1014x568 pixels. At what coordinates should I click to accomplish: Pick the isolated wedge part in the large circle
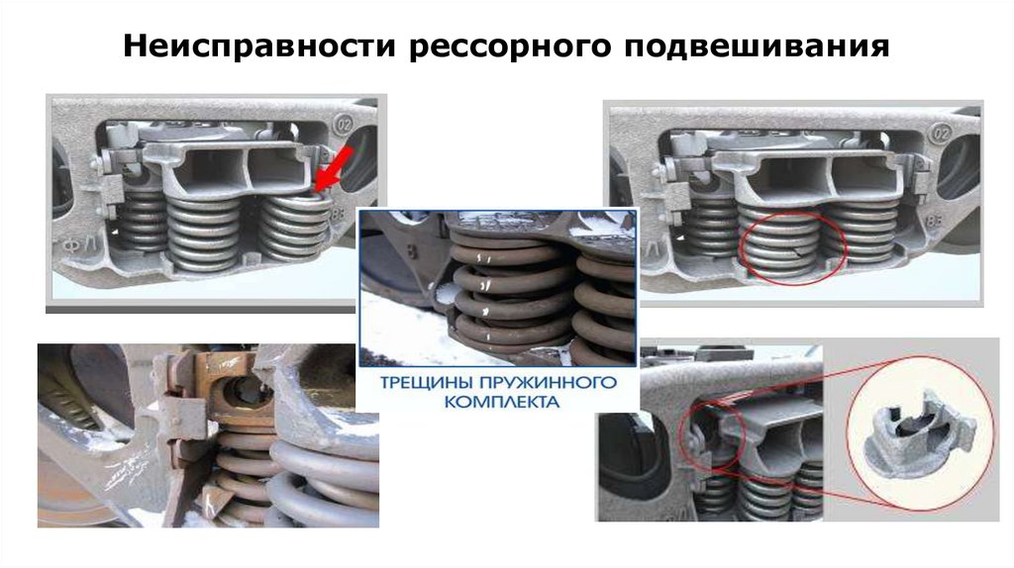pyautogui.click(x=917, y=436)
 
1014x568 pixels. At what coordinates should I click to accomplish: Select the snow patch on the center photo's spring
pyautogui.click(x=446, y=295)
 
